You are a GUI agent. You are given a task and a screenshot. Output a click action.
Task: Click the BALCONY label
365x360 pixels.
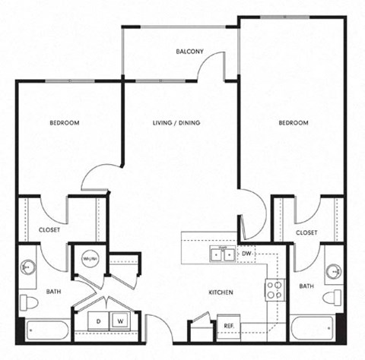point(189,52)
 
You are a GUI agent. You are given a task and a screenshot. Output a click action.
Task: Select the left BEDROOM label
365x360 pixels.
point(65,122)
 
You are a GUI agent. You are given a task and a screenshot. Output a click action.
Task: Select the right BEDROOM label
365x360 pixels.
point(293,122)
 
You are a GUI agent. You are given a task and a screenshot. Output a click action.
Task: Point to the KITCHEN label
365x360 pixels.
point(221,292)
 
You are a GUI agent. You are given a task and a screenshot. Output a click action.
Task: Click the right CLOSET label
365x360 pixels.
point(306,232)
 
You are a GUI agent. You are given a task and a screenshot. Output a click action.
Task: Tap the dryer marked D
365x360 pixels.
point(98,321)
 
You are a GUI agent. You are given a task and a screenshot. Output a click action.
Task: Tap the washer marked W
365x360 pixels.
point(119,321)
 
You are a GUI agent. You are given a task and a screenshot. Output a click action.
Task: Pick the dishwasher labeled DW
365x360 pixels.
point(246,253)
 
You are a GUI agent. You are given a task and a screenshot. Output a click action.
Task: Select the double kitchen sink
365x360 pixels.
point(223,254)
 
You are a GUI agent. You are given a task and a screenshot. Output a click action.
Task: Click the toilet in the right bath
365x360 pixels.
point(332,297)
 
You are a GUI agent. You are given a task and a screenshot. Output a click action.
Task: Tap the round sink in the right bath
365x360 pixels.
point(333,270)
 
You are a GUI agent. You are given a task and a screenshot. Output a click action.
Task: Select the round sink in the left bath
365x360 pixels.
point(28,267)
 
